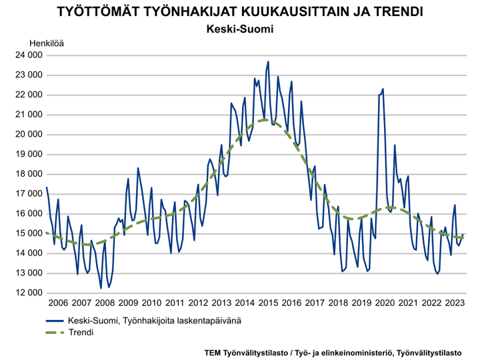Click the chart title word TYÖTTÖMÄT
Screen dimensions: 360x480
(99, 13)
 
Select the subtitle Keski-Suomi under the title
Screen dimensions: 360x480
(240, 30)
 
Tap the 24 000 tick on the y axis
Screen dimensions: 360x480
(27, 55)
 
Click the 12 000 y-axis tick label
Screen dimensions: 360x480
(27, 293)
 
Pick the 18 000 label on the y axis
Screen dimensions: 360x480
(27, 174)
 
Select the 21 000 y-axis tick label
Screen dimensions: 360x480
(27, 115)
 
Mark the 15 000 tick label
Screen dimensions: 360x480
(27, 233)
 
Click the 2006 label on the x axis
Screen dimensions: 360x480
(58, 302)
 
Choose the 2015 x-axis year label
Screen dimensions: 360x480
(267, 302)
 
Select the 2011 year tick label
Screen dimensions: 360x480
(174, 302)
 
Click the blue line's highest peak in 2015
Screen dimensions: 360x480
(268, 62)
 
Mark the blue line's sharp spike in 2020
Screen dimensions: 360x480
(383, 89)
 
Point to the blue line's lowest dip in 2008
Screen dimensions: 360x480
(101, 287)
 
